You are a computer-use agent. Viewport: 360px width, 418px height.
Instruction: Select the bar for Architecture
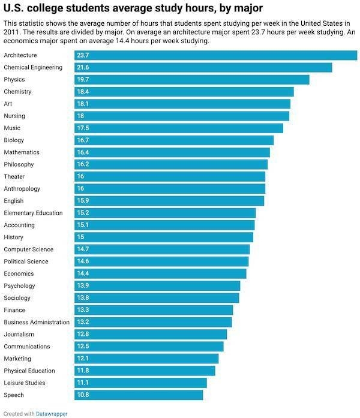[215, 55]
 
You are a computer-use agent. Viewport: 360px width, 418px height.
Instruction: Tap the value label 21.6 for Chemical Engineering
[83, 68]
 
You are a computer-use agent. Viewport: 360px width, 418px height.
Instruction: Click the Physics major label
[14, 80]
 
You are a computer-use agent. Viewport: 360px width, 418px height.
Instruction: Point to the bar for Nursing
[182, 116]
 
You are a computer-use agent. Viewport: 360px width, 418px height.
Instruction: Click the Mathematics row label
[22, 152]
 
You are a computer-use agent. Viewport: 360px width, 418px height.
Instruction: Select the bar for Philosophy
[171, 164]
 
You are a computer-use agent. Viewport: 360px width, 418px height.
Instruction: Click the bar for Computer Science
[162, 249]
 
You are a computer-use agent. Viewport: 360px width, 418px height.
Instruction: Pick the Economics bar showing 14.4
[160, 273]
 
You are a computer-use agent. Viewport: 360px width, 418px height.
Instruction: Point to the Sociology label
[17, 298]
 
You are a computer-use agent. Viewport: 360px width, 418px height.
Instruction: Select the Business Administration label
[37, 322]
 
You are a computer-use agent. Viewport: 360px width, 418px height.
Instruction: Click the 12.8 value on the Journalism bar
[83, 335]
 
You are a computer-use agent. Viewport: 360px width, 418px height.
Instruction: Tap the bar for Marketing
[146, 359]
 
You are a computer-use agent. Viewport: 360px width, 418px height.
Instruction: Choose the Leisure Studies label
[24, 383]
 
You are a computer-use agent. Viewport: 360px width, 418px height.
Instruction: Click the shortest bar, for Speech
[139, 395]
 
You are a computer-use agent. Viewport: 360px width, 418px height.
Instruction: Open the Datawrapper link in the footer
[52, 414]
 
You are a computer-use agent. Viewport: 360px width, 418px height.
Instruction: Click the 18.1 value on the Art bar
[83, 104]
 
